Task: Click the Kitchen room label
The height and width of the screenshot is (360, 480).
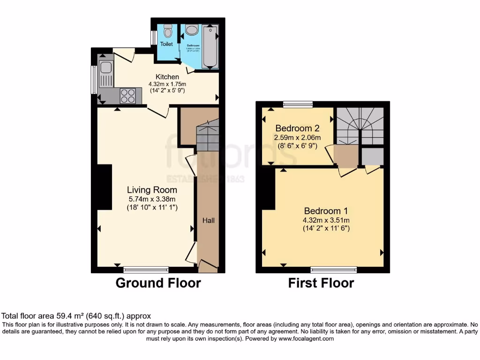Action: (x=167, y=77)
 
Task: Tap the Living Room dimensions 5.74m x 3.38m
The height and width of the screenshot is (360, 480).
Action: (x=152, y=199)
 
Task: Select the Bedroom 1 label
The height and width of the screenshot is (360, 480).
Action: (x=326, y=211)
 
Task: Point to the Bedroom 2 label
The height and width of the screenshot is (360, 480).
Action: (x=297, y=128)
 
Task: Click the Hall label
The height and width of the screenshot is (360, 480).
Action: (x=208, y=220)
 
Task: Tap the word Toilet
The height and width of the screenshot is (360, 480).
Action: (x=166, y=44)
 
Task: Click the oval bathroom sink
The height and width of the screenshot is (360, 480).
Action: (x=192, y=30)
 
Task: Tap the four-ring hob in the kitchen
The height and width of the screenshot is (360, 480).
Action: (x=128, y=96)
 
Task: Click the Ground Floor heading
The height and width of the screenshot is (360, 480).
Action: (x=158, y=283)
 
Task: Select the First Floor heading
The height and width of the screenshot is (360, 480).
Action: (x=321, y=283)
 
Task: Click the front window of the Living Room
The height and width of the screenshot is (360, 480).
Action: (x=146, y=270)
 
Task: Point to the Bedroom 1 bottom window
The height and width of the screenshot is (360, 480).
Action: (x=333, y=270)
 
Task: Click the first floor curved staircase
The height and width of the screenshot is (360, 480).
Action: (x=360, y=126)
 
